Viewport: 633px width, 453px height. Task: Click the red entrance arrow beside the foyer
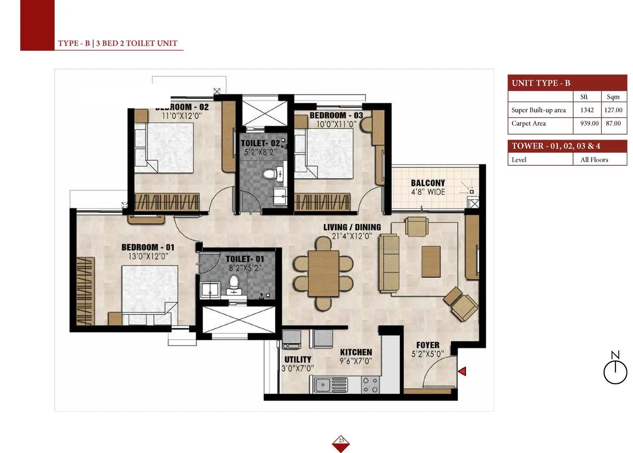coord(463,371)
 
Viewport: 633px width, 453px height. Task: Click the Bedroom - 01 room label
coord(148,247)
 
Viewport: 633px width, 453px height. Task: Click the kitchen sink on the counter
coord(324,385)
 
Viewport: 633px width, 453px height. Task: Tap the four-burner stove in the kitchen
coord(370,385)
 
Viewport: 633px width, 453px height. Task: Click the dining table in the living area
coord(323,274)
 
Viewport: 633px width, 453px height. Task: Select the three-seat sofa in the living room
coord(389,263)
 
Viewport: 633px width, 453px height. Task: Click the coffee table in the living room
coord(431,262)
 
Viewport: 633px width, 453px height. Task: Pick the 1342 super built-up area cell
coord(587,110)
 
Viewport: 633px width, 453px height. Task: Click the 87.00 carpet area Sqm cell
coord(613,124)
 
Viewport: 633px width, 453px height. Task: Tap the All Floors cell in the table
coord(594,159)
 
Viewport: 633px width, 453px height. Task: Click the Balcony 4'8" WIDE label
coord(428,187)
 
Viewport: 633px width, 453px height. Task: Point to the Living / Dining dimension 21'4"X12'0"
coord(352,236)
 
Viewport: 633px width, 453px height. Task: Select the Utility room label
coord(298,359)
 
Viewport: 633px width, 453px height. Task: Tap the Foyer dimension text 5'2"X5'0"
coord(427,354)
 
